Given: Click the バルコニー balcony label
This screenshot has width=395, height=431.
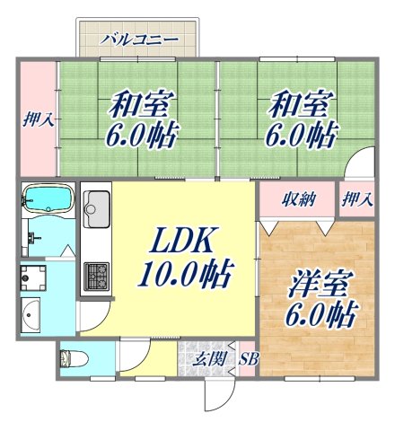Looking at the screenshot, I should [x=138, y=39].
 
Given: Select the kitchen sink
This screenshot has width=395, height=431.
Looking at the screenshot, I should [x=95, y=212].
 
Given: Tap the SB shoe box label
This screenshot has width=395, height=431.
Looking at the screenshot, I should [x=248, y=360].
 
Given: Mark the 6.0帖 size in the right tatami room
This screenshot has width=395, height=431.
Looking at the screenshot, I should [x=299, y=136].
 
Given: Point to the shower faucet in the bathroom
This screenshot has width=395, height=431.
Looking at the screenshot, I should [x=32, y=239].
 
